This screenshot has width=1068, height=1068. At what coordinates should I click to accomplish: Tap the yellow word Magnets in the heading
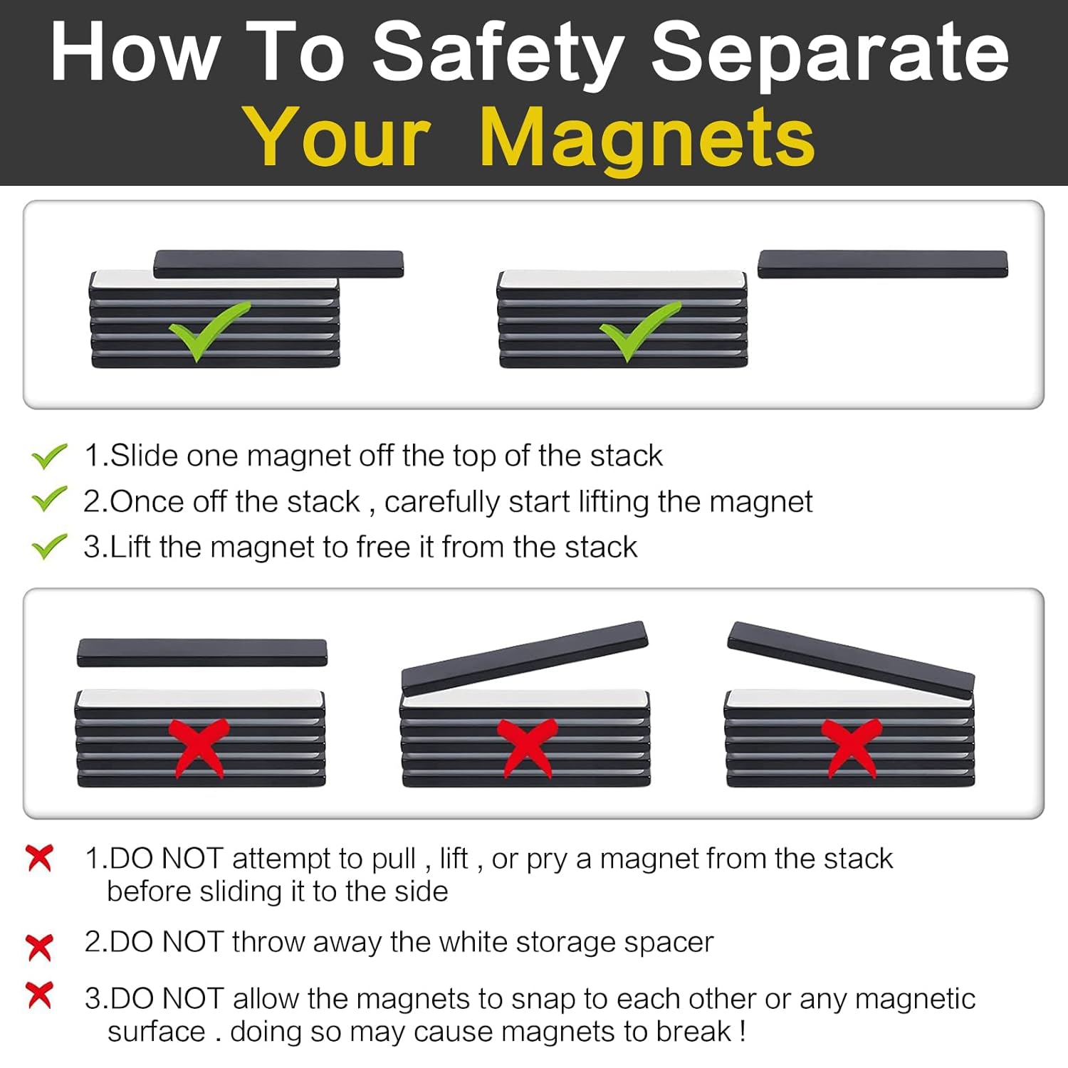pos(647,137)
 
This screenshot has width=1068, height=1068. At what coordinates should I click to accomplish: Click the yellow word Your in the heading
pos(337,137)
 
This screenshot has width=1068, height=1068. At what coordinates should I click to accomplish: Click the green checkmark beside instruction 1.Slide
pos(49,456)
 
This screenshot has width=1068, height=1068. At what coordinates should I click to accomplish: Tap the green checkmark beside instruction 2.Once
pos(49,500)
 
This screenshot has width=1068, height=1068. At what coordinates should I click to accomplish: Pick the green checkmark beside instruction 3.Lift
pos(49,546)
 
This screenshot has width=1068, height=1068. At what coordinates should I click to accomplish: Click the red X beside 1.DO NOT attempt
pos(39,858)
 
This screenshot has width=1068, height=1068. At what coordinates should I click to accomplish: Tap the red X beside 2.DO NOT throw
pos(39,947)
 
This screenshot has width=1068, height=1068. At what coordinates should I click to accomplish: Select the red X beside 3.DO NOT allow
pos(39,995)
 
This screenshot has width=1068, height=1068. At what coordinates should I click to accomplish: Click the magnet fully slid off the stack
pos(882,263)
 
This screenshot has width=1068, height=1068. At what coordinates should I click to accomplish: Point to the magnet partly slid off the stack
pos(278,263)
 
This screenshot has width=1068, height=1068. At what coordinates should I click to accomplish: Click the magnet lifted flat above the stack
pos(202,652)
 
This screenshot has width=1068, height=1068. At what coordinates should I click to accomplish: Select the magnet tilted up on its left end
pos(851,659)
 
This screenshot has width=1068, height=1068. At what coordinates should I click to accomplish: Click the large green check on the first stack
pos(209,330)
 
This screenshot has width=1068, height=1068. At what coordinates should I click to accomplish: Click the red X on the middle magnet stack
pos(527,748)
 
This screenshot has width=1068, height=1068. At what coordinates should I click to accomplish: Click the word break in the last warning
pos(693,1031)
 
